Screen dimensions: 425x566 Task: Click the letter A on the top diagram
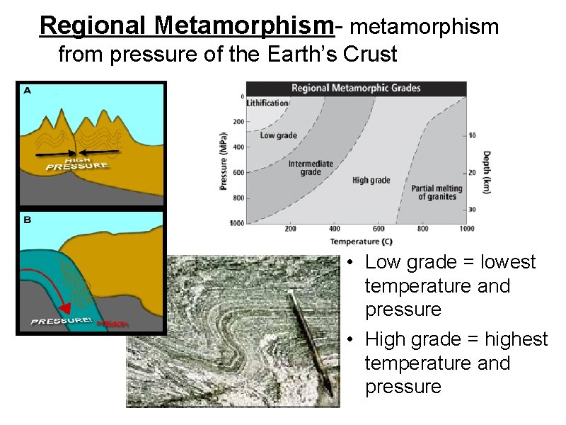(x=27, y=91)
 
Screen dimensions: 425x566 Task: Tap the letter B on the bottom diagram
(x=27, y=220)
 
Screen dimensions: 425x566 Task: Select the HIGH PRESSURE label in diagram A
(x=77, y=164)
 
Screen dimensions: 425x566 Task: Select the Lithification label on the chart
(x=267, y=103)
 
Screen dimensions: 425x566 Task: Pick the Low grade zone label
(x=278, y=135)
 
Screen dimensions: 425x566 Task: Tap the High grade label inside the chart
(x=371, y=181)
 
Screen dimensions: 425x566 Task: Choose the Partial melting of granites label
(x=437, y=193)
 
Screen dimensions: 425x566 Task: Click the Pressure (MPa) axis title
(x=223, y=161)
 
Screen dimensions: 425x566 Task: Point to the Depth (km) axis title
(x=486, y=171)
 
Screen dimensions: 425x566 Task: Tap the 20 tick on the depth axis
(x=472, y=172)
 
